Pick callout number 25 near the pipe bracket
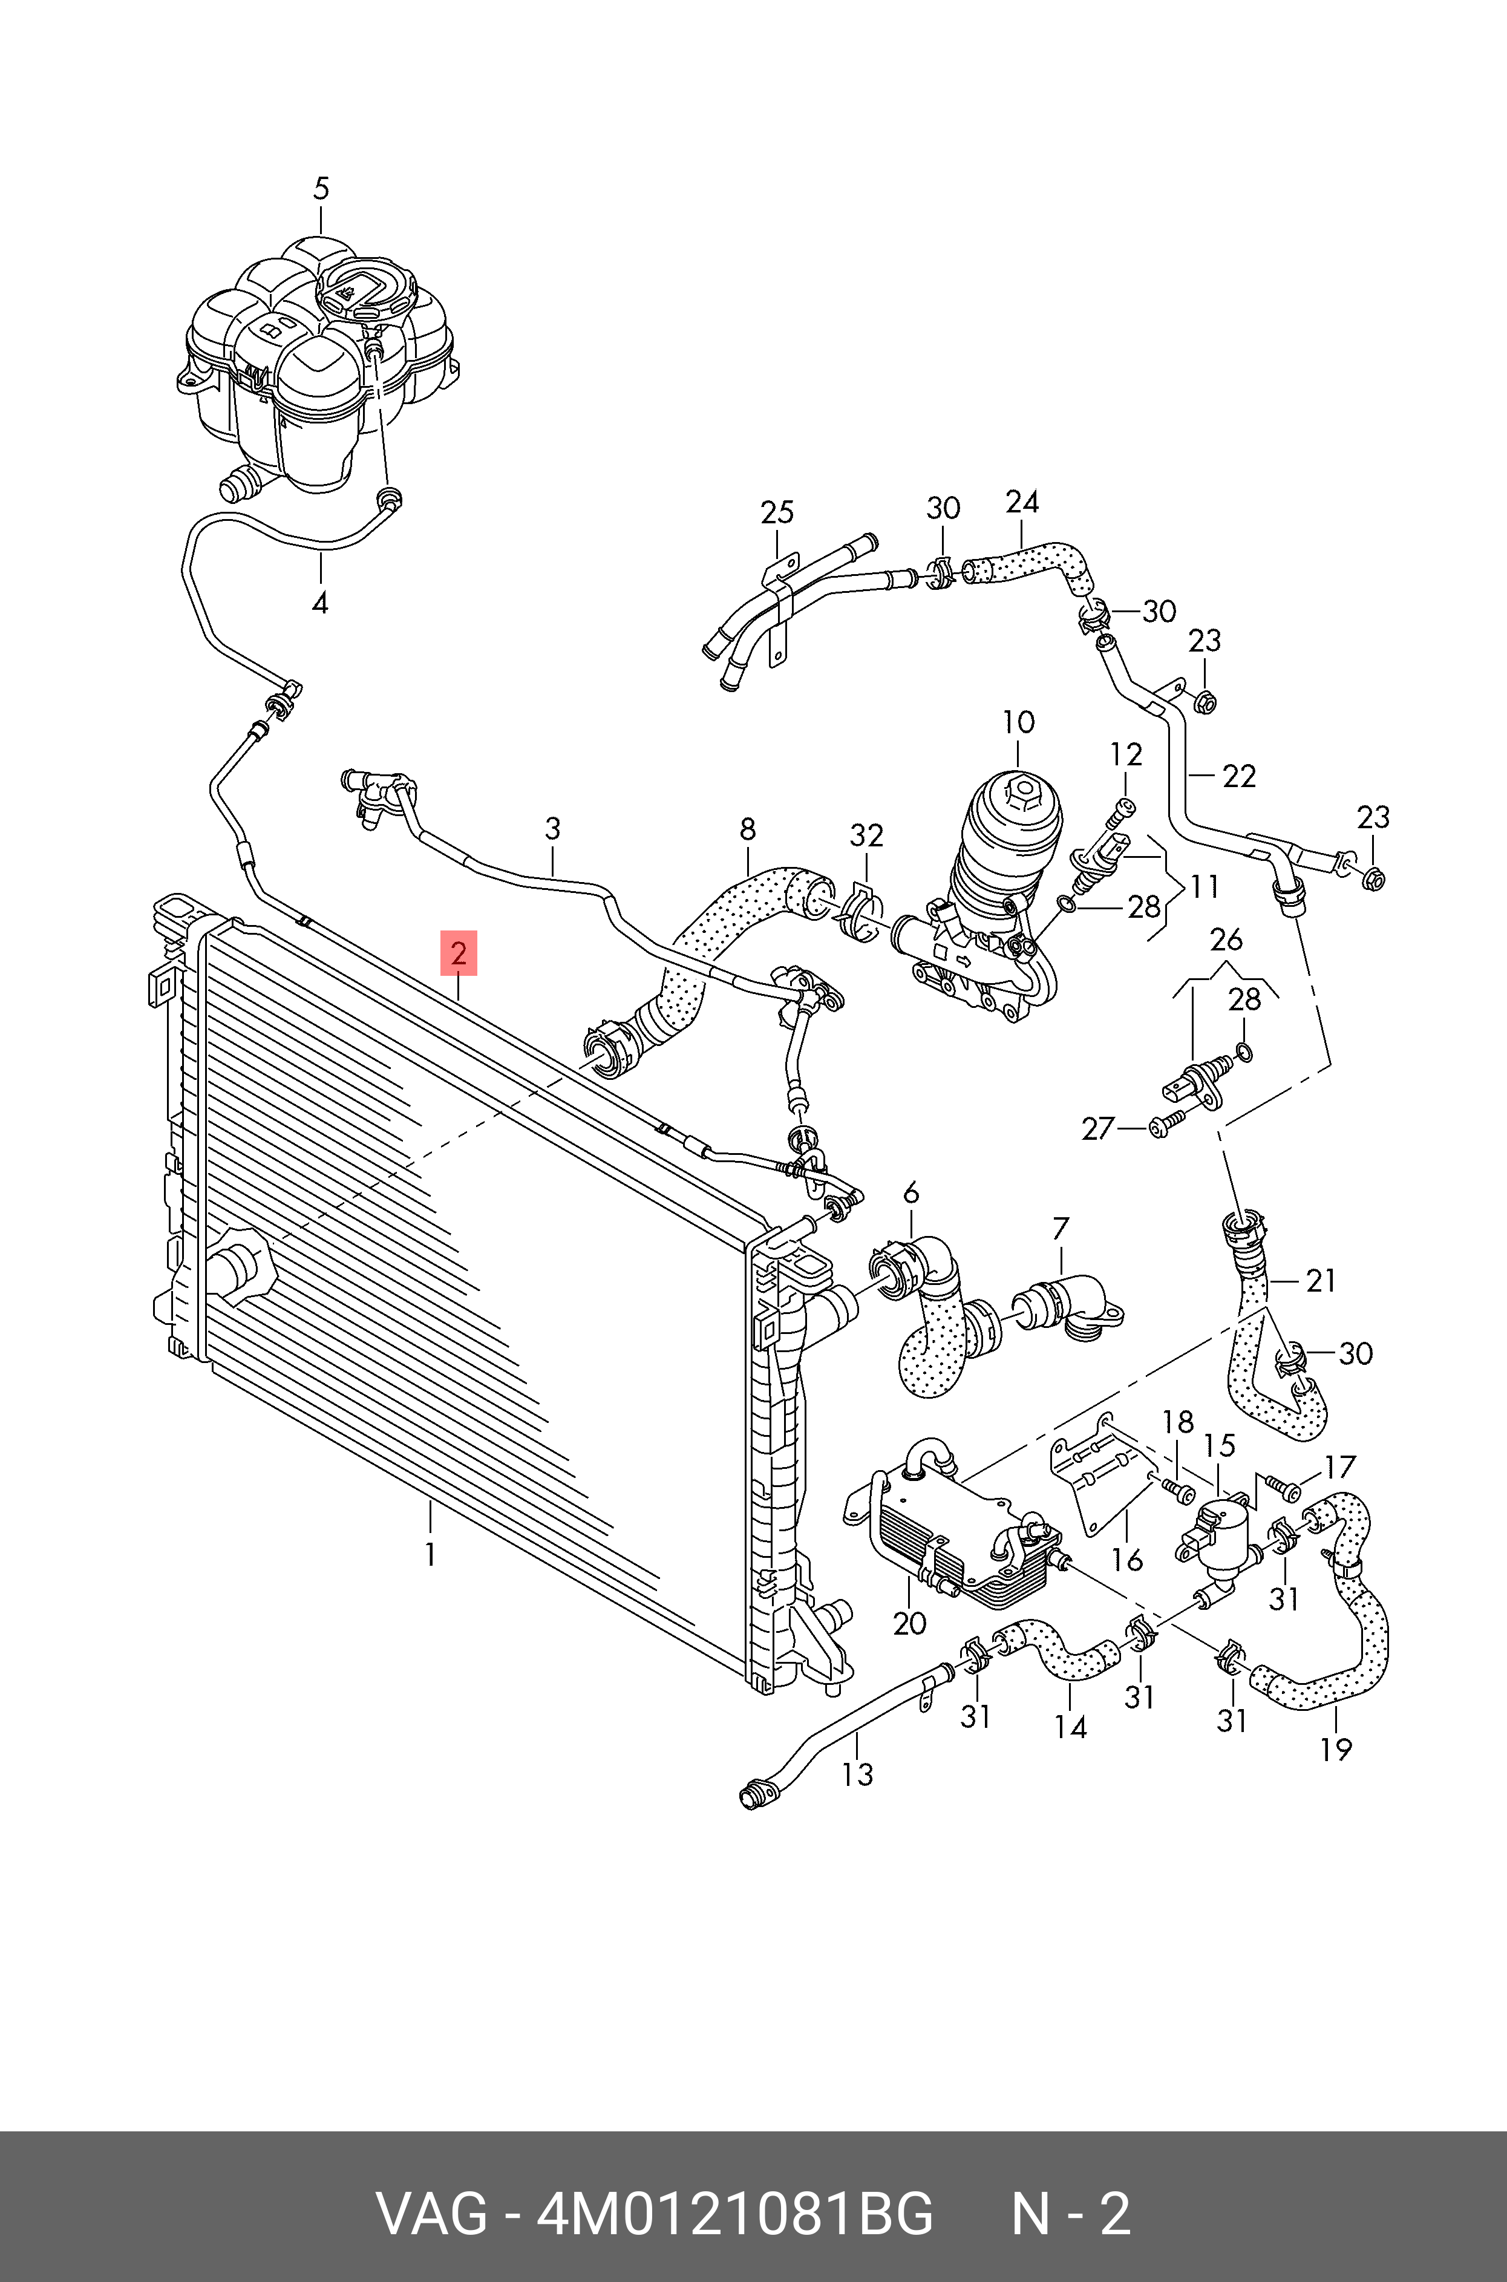[777, 512]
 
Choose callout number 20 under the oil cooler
[909, 1623]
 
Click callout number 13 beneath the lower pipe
[857, 1774]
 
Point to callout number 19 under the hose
[1336, 1750]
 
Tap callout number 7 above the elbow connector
[1060, 1228]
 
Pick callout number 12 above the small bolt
[1126, 754]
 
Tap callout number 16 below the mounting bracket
[1127, 1560]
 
